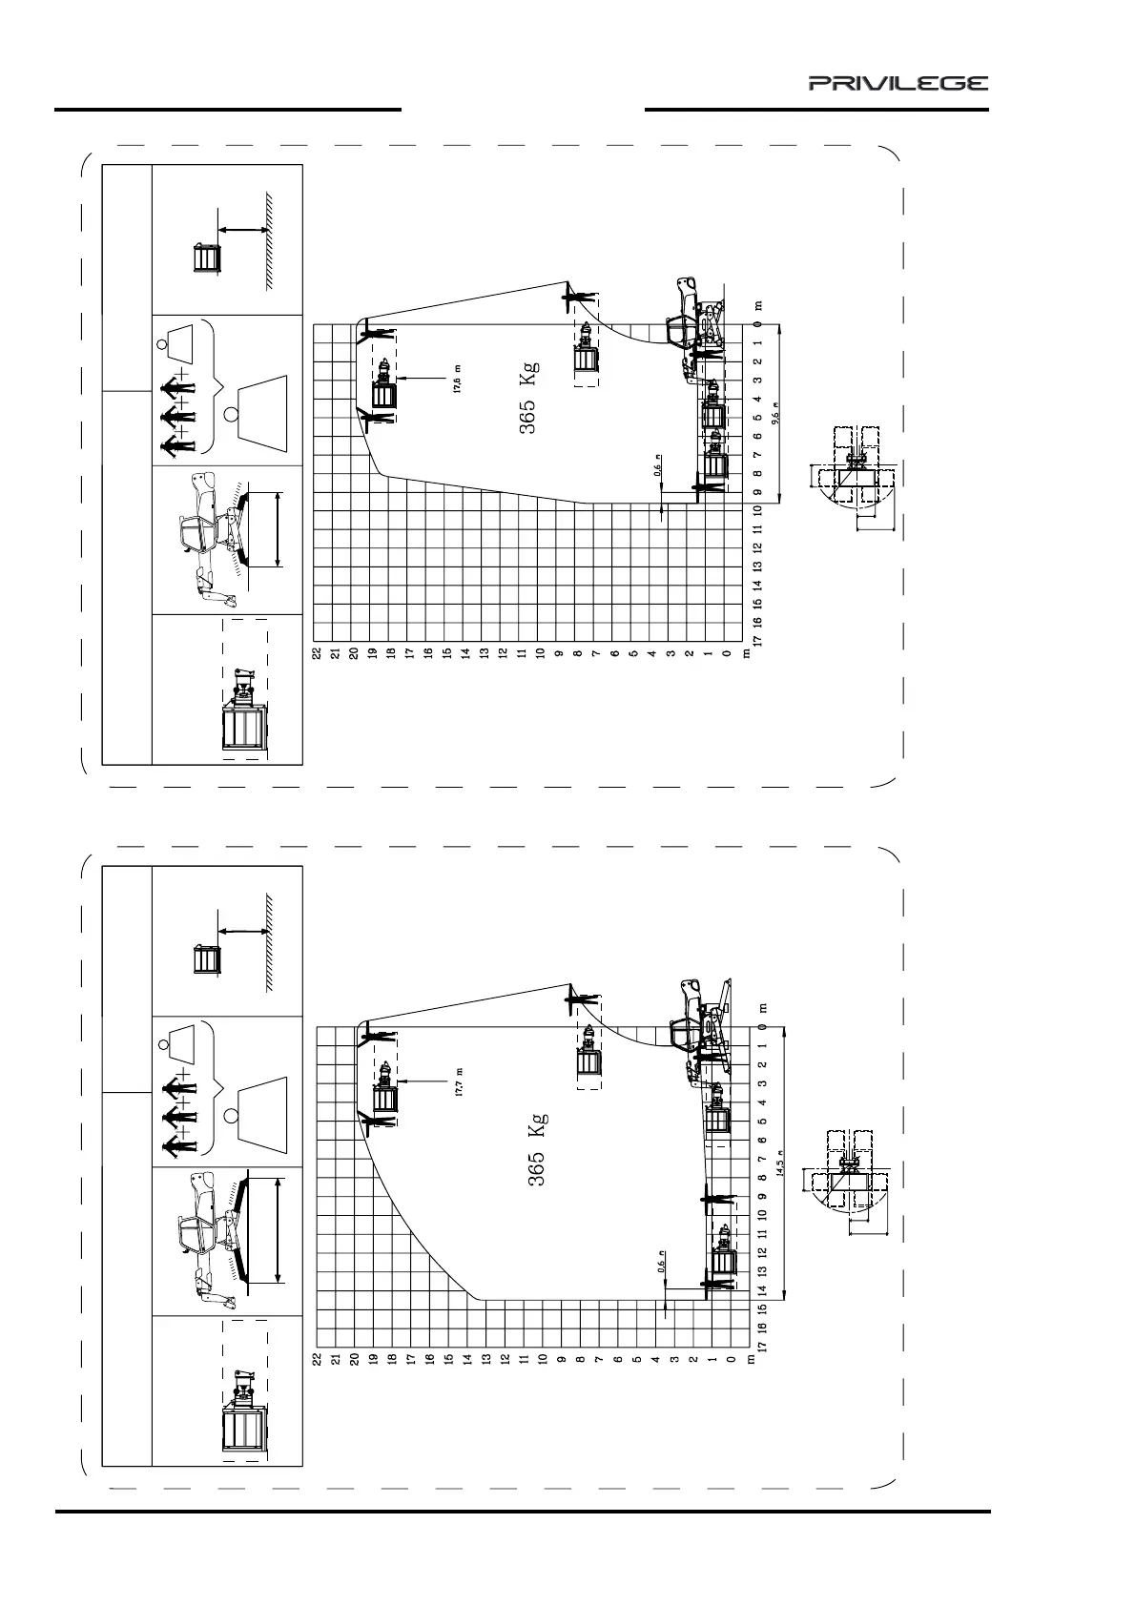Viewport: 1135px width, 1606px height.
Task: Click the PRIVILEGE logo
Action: pos(898,84)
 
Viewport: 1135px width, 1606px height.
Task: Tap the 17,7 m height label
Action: pos(459,1081)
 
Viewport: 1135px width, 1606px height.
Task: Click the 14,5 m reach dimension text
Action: pos(779,1163)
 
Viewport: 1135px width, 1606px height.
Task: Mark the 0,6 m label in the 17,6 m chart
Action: pos(658,468)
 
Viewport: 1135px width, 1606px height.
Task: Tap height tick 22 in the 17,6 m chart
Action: pos(316,654)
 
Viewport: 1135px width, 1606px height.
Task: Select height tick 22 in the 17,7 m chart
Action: pos(317,1356)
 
